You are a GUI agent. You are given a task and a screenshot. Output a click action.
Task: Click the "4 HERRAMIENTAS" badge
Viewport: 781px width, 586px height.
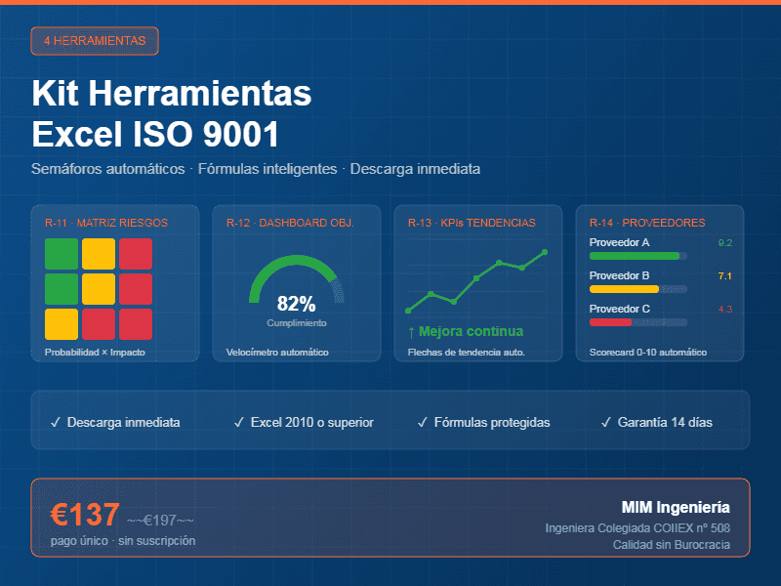click(x=95, y=41)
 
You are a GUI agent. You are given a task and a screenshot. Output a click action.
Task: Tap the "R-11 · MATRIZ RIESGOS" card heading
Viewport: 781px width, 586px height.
click(x=106, y=223)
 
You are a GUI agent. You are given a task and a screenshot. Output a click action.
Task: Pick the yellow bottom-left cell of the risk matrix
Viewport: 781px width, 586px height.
click(x=62, y=323)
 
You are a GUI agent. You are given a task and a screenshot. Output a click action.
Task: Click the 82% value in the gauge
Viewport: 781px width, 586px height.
click(x=296, y=304)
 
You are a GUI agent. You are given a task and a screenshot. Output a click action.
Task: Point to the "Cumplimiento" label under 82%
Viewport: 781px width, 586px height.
click(x=296, y=322)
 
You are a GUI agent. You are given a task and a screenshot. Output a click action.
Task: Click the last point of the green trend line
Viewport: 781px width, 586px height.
click(x=545, y=252)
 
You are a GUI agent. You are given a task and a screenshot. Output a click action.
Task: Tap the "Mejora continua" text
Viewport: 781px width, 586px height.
click(x=472, y=331)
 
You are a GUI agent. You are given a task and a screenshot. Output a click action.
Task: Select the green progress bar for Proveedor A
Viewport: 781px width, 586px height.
click(x=635, y=256)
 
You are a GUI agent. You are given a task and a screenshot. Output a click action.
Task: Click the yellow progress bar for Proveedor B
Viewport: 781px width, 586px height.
click(x=625, y=289)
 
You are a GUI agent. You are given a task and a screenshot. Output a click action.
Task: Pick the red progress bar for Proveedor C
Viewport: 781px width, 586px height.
click(x=611, y=322)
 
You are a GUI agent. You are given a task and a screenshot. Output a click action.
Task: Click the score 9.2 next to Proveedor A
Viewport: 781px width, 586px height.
click(x=724, y=242)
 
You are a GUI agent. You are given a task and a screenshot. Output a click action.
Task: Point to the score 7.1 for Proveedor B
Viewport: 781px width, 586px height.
click(x=724, y=276)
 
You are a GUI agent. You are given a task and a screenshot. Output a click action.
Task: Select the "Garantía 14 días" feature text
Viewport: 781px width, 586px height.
click(x=664, y=423)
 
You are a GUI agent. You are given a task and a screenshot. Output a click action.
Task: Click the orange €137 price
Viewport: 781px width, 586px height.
click(x=86, y=515)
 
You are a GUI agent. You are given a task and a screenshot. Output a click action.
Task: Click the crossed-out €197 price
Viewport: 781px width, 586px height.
click(x=160, y=520)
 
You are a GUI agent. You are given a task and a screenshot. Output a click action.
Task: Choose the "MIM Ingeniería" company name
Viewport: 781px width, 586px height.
click(x=675, y=508)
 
